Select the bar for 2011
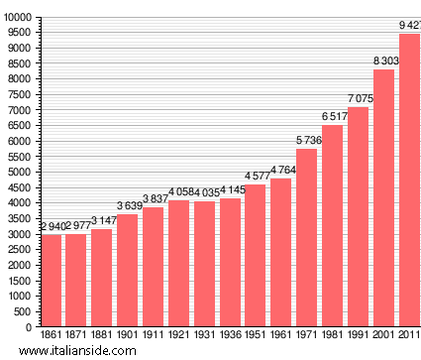pos(410,180)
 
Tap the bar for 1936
pos(231,262)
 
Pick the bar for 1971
pos(307,237)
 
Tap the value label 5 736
pos(308,141)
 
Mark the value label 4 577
pos(257,177)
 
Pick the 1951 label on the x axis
pos(257,335)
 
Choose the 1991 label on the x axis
pos(360,335)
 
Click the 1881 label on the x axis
pos(102,335)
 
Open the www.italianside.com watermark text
pos(84,351)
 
